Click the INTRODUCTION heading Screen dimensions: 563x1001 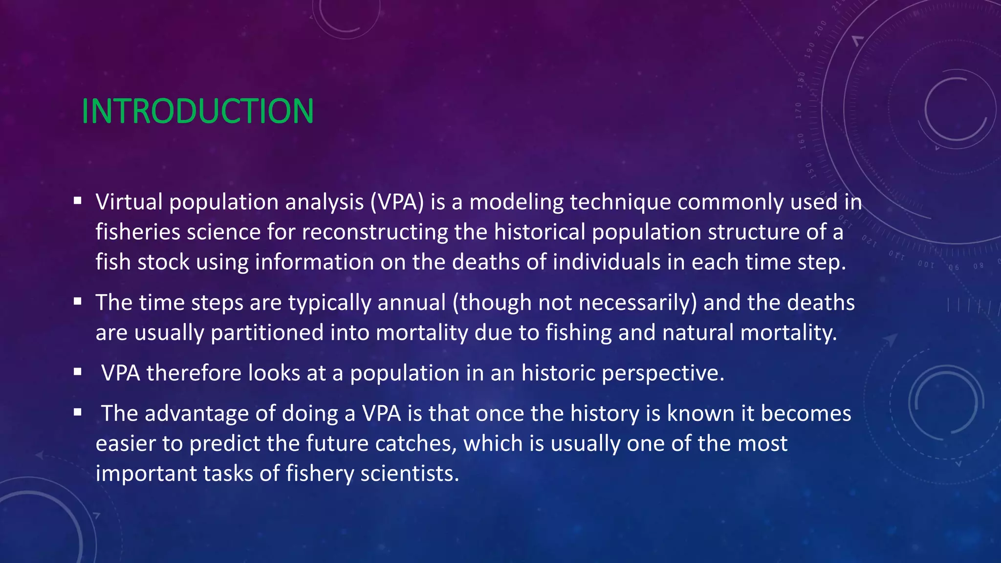[x=197, y=111]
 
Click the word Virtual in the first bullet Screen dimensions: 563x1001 [x=129, y=202]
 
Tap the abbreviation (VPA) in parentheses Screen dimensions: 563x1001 [x=397, y=202]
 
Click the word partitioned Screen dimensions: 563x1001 [x=267, y=333]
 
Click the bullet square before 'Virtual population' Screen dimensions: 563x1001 [x=77, y=200]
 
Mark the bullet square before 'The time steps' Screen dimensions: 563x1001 [x=77, y=301]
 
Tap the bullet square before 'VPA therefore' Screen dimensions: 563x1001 [x=77, y=372]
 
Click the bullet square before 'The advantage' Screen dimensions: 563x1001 [x=77, y=412]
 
